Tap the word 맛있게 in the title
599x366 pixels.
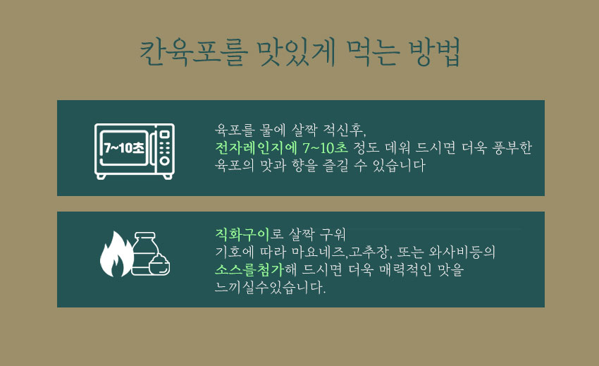click(x=288, y=54)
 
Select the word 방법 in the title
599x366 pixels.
click(x=433, y=54)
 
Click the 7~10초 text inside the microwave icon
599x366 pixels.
click(x=123, y=148)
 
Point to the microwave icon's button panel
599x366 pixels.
click(x=165, y=148)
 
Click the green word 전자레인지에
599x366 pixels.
click(x=257, y=148)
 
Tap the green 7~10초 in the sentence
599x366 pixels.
click(x=325, y=148)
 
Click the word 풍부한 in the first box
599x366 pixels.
click(x=510, y=148)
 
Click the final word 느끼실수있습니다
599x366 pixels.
click(x=271, y=288)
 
